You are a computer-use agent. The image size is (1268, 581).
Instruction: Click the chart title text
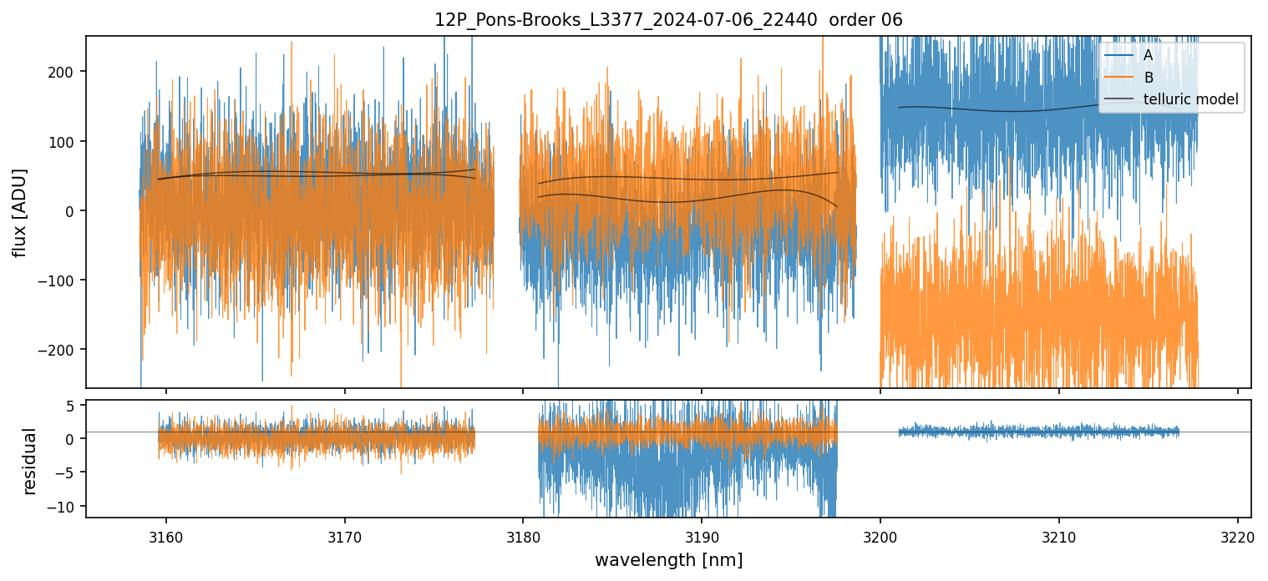tap(668, 20)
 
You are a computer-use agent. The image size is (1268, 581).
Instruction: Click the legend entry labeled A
tap(1148, 56)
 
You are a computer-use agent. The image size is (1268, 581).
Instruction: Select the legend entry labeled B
tap(1148, 78)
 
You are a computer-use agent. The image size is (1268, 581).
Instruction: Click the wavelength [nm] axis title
tap(668, 559)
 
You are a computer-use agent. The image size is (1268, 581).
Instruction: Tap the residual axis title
tap(30, 461)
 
